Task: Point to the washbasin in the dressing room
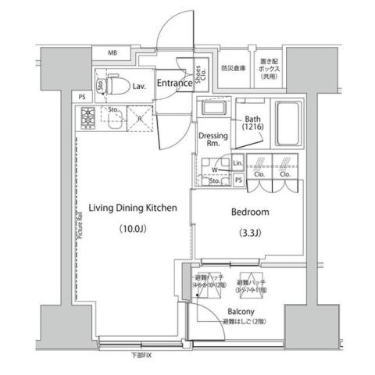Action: (207, 111)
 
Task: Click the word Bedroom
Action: (250, 212)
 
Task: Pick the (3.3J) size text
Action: (249, 232)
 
